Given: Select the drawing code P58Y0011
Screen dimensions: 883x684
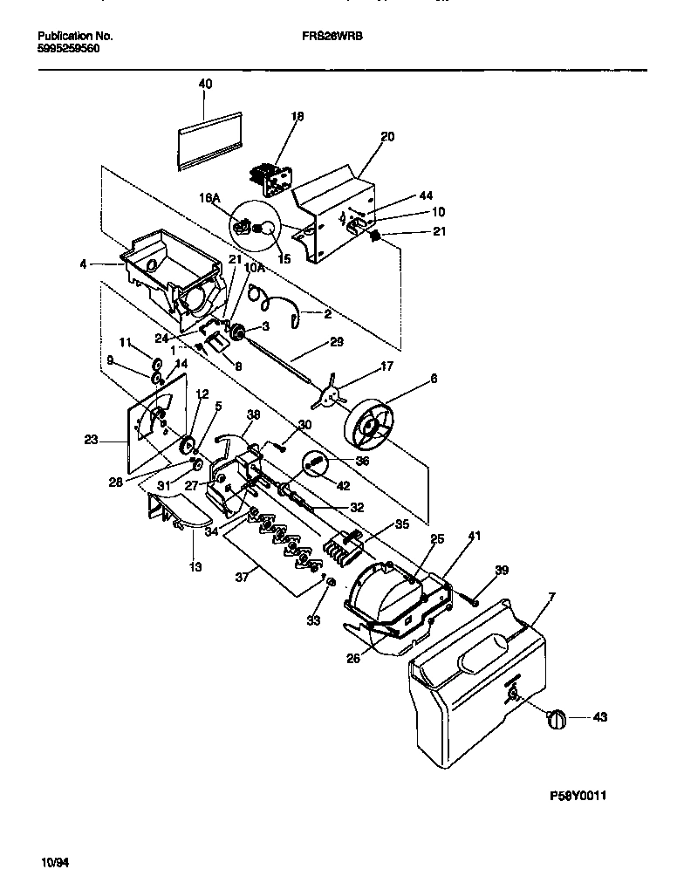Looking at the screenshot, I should [x=578, y=796].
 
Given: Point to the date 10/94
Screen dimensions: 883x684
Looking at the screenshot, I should [x=55, y=862].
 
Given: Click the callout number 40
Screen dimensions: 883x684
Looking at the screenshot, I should [x=205, y=84].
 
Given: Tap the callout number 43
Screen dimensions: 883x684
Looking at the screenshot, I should [x=599, y=717].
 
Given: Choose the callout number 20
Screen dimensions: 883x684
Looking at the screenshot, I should [x=387, y=136].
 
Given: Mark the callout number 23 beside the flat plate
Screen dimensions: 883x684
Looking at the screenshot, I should [x=91, y=441].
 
